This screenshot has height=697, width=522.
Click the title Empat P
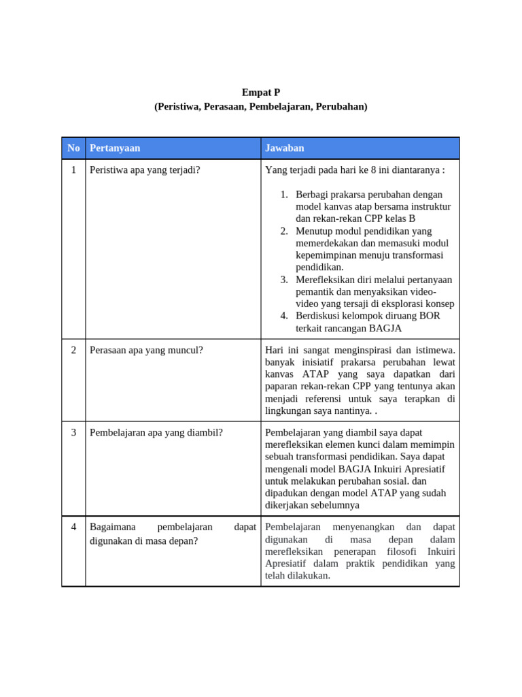coord(261,93)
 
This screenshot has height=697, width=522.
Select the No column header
coord(73,148)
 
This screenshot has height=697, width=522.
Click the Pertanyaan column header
coord(115,148)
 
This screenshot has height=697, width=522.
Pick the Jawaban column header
coord(285,148)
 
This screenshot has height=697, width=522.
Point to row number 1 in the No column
coord(73,169)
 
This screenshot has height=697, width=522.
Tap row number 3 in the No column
coord(73,432)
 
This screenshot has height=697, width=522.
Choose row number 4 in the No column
coord(73,527)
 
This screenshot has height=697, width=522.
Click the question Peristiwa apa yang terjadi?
coord(145,169)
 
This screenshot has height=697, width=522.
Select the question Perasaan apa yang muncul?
coord(146,350)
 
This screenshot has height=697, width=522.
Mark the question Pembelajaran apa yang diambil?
coord(156,432)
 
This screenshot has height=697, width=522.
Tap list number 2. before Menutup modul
coord(285,231)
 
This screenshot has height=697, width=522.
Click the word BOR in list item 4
coord(430,316)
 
